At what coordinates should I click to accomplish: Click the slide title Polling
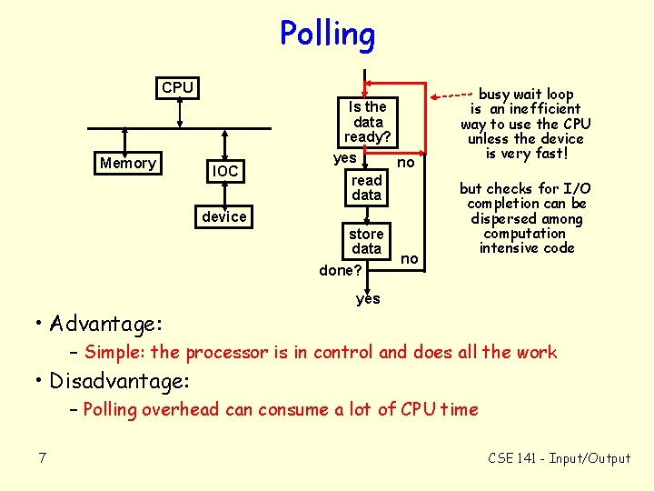[x=327, y=35]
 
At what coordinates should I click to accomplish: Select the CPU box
[x=177, y=88]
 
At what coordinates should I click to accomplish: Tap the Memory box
[x=128, y=164]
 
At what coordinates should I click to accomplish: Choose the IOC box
[x=224, y=171]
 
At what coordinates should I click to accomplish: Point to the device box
[x=224, y=216]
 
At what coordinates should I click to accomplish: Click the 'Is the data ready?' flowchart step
[x=367, y=122]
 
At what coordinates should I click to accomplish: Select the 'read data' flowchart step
[x=367, y=187]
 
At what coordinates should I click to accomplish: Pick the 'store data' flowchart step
[x=367, y=241]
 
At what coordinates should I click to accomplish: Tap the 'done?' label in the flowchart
[x=341, y=271]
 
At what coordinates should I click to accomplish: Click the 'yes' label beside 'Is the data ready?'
[x=344, y=158]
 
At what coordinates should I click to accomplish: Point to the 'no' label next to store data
[x=410, y=259]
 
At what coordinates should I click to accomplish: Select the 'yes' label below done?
[x=368, y=298]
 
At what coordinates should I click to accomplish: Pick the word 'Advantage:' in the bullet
[x=107, y=324]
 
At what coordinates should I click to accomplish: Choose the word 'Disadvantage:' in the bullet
[x=119, y=380]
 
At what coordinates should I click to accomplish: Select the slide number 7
[x=43, y=457]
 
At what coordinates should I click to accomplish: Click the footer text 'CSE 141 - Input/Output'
[x=559, y=458]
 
